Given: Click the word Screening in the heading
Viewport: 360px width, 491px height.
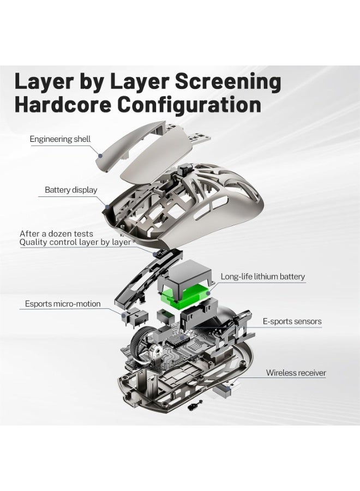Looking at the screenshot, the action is click(x=227, y=82).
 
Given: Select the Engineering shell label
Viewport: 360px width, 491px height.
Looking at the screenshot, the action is click(x=60, y=139).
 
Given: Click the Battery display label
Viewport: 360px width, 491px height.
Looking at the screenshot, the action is click(x=71, y=190).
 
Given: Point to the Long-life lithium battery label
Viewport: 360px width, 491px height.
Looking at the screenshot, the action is click(x=263, y=277).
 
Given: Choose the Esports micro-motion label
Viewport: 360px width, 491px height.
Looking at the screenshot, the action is click(x=63, y=304).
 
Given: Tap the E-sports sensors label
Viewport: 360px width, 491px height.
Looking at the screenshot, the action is click(x=292, y=321).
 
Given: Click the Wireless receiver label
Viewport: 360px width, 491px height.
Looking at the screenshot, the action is click(x=296, y=373).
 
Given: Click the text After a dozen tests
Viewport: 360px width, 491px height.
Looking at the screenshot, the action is click(x=56, y=233).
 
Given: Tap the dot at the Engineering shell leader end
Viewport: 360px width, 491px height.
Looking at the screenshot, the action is click(x=100, y=155).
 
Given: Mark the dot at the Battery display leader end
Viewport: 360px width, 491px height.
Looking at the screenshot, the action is click(x=107, y=207).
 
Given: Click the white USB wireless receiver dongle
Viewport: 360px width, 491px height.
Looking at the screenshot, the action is click(x=226, y=387).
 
